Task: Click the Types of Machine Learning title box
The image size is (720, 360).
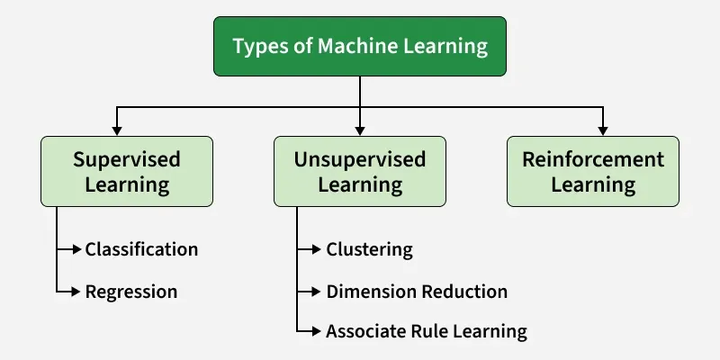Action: pos(359,47)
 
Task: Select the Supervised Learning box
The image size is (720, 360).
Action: pos(127,172)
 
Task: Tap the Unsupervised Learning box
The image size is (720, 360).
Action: pos(359,172)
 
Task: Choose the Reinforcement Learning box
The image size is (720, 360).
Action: pos(593,172)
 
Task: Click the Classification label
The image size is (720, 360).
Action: pos(141,249)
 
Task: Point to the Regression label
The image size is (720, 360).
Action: pos(130,292)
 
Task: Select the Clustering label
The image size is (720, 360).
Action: pos(369,249)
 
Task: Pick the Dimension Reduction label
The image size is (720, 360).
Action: pos(417,292)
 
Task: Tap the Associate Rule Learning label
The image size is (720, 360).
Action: pos(426,331)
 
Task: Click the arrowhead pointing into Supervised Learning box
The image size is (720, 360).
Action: pos(116,130)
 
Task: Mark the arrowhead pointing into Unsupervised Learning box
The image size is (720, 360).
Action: pos(359,130)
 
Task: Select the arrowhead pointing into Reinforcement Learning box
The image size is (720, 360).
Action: pos(603,130)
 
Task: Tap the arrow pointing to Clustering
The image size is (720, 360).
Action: pos(310,249)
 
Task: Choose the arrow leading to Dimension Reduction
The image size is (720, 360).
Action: pos(310,292)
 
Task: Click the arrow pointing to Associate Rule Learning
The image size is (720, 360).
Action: pos(310,331)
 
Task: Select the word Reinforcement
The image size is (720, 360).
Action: pos(593,160)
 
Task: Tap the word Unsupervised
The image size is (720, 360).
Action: pos(359,160)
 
